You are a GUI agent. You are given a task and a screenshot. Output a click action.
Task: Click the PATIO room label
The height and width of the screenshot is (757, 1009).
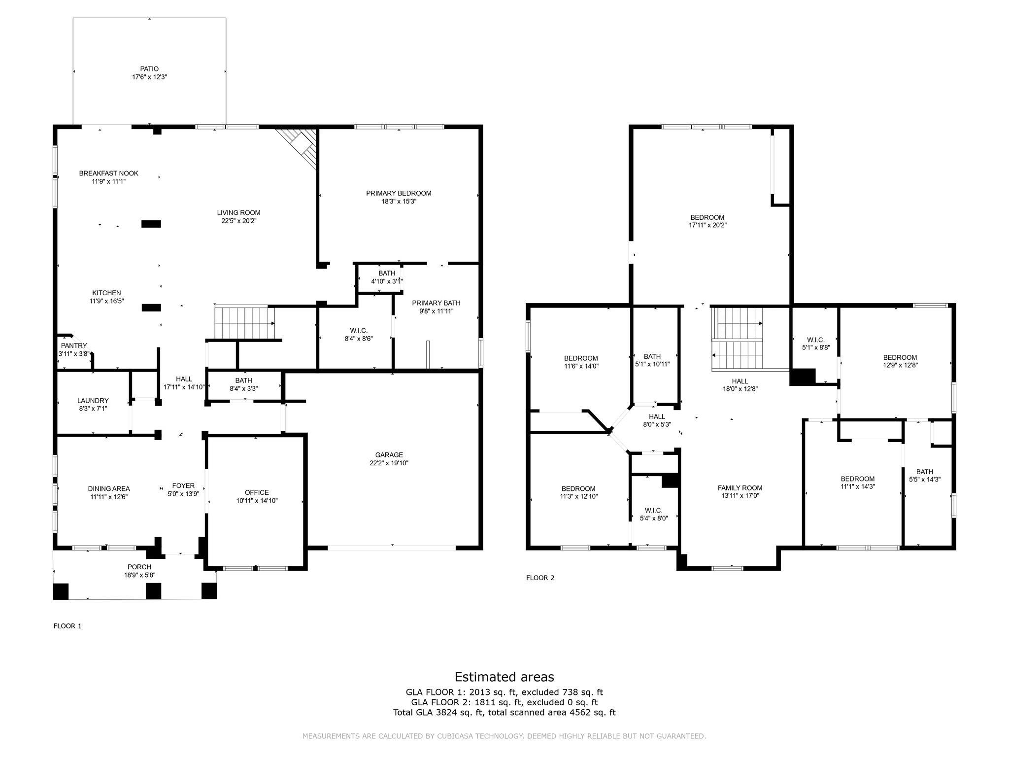coord(149,69)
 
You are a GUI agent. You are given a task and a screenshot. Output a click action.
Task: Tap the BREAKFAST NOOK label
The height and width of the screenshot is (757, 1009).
coord(109,173)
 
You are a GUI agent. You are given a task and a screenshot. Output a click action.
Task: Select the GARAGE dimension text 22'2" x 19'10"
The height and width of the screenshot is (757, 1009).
coord(389,463)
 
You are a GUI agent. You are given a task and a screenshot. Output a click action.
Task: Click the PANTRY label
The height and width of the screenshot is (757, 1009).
coord(74,346)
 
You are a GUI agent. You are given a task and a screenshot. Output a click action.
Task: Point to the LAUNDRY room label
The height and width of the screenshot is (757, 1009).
coord(93,401)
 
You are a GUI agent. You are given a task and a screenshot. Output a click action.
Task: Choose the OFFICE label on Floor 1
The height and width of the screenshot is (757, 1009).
coord(257,492)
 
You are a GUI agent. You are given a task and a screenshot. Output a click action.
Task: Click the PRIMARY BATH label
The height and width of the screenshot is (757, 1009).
coord(437,303)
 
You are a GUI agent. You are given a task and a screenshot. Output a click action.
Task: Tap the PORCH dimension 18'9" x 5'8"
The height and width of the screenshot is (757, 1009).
coord(139,575)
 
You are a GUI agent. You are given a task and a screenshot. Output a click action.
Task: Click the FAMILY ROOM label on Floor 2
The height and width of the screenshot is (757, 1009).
coord(740,488)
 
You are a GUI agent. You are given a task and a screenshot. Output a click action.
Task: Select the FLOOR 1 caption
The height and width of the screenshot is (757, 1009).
coord(67,626)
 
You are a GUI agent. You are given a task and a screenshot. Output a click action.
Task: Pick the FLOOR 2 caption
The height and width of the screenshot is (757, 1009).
coord(540,578)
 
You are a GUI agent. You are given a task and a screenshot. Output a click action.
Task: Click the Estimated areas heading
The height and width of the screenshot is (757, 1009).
coord(504,677)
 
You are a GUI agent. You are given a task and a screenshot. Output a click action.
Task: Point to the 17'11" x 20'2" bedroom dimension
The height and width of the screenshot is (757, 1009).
coord(708,225)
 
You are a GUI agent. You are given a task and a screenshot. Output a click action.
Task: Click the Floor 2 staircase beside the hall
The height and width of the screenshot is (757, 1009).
coord(738,339)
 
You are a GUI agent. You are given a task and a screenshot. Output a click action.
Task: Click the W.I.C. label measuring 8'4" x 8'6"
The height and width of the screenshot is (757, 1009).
coord(359,330)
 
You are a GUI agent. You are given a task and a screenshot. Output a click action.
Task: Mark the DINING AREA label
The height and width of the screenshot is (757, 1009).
coord(109,489)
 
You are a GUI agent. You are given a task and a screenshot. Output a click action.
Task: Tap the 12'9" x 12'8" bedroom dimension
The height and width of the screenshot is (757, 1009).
coord(900,366)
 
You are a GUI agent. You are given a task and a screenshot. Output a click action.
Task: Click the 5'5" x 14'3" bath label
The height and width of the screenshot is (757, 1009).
coord(925,472)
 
